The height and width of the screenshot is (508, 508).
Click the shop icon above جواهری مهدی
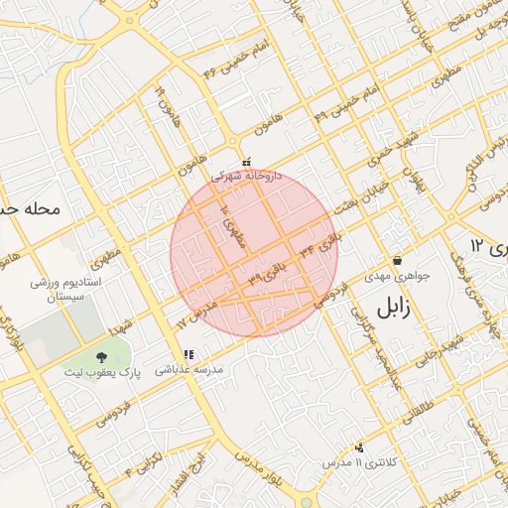pyautogui.click(x=397, y=261)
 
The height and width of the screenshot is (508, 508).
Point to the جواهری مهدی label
pyautogui.click(x=398, y=276)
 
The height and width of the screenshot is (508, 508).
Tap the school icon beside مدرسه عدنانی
pyautogui.click(x=189, y=354)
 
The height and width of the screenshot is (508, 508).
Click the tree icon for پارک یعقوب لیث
pyautogui.click(x=101, y=356)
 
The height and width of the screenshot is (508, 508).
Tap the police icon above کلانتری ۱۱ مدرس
pyautogui.click(x=358, y=447)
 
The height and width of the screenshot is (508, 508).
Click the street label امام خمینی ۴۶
pyautogui.click(x=236, y=61)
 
